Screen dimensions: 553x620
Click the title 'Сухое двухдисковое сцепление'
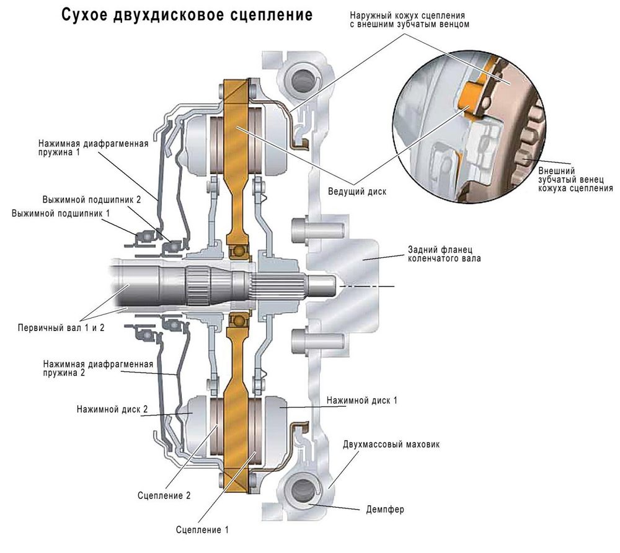tap(187, 15)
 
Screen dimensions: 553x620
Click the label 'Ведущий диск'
tap(356, 192)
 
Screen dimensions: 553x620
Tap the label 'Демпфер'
tap(381, 510)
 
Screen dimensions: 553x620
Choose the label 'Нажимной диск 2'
tap(112, 410)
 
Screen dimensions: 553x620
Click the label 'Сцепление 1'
tap(203, 530)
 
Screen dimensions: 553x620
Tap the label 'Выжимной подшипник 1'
tap(61, 213)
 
